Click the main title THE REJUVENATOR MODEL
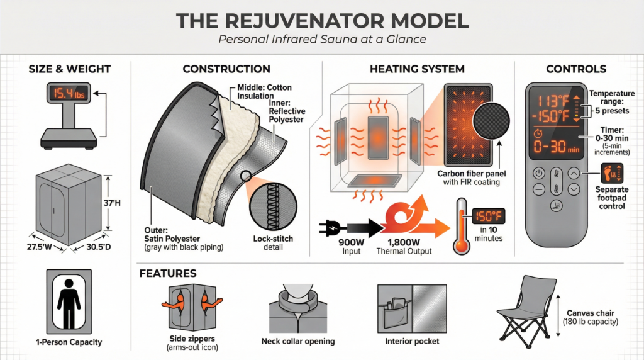[322, 20]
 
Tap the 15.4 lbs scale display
[67, 95]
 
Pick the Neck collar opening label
[297, 341]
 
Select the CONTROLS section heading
[576, 69]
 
